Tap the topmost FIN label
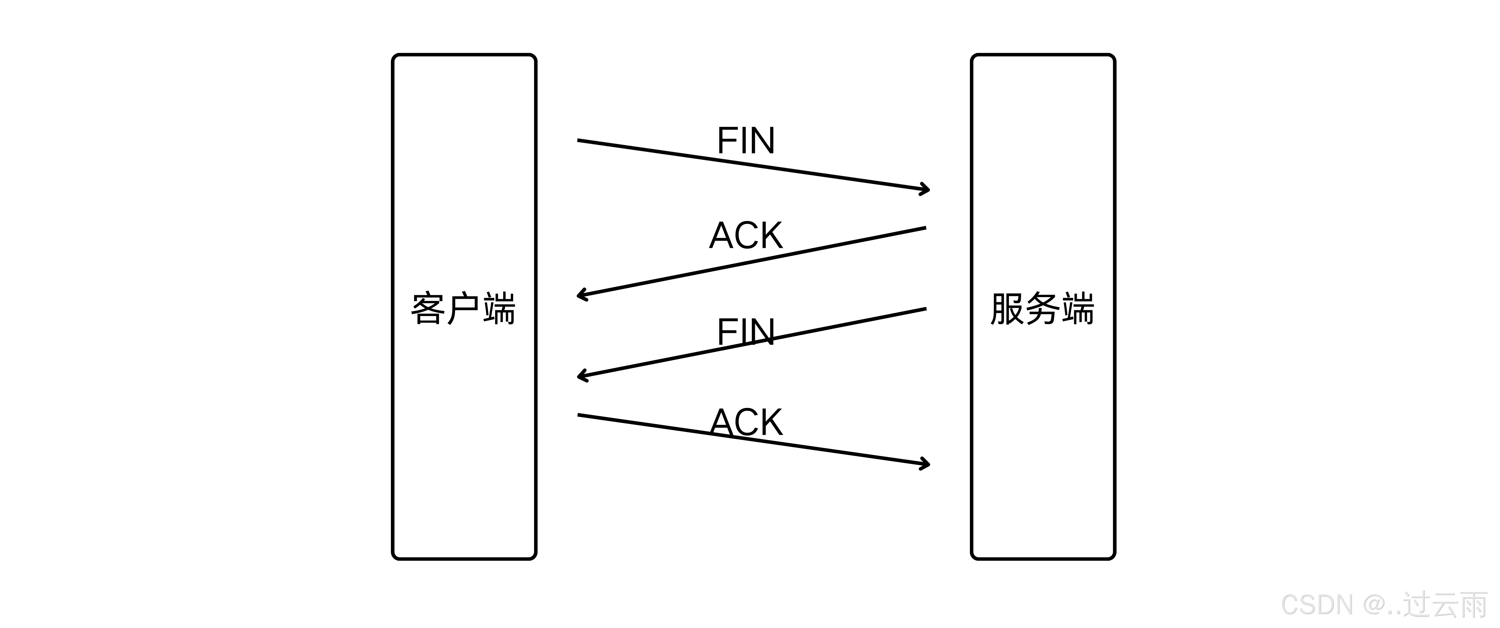click(746, 141)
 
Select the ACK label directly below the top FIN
click(746, 236)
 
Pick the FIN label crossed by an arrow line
click(746, 332)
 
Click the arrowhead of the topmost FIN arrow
click(926, 189)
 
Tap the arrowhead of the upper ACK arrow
click(580, 295)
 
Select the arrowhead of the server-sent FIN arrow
click(580, 376)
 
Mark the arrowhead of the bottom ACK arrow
click(926, 464)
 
